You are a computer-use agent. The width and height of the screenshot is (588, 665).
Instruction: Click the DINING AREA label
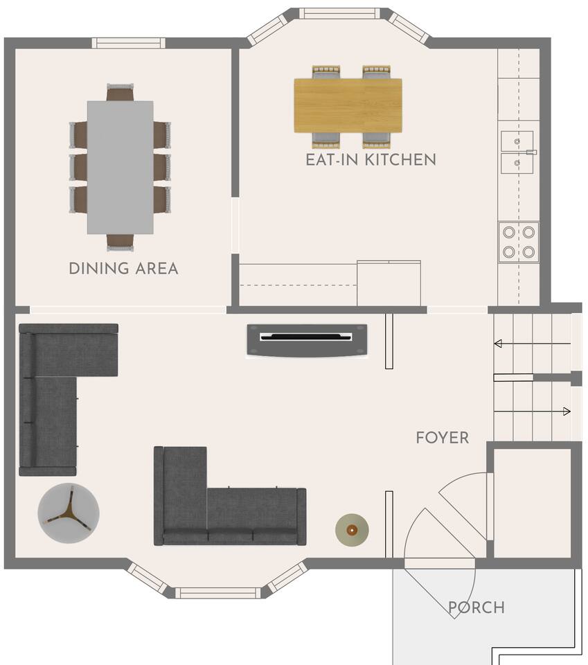(x=123, y=269)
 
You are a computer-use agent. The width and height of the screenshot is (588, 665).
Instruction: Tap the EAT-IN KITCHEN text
(x=371, y=160)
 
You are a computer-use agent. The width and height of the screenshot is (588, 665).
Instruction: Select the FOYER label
(x=443, y=438)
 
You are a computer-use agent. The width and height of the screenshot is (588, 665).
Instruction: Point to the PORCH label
(x=476, y=608)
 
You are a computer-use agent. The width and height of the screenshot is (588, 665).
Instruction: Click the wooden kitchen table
(x=348, y=105)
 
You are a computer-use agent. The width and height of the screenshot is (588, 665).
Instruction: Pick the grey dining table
(x=121, y=168)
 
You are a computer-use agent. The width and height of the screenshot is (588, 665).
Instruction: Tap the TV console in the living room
(x=307, y=339)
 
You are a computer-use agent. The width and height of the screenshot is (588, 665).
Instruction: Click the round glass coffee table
(x=69, y=513)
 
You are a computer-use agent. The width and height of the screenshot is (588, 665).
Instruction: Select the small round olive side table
(x=352, y=530)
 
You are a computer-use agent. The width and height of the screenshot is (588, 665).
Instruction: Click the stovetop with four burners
(x=519, y=242)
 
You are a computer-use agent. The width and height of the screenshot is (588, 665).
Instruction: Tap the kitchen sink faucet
(x=531, y=152)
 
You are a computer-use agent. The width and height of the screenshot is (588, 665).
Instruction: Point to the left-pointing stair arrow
(x=533, y=344)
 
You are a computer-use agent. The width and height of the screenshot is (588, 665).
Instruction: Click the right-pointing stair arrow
(x=533, y=411)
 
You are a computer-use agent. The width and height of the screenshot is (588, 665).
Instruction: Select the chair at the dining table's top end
(x=120, y=92)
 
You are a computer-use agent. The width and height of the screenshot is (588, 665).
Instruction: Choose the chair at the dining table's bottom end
(x=120, y=242)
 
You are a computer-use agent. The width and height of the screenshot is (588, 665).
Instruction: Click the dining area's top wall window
(x=128, y=43)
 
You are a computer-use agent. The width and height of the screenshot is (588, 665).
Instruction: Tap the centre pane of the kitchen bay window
(x=340, y=14)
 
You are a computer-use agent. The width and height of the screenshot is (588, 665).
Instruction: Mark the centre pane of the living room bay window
(x=218, y=593)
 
